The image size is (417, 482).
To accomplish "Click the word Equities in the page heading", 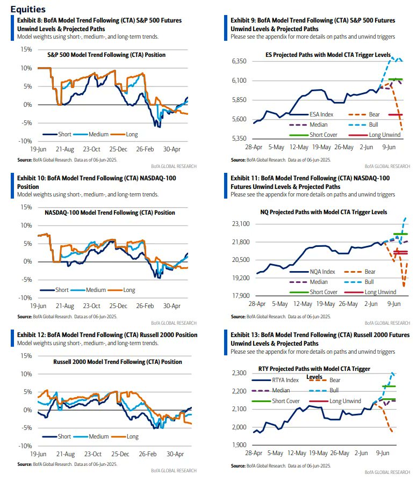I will pos(27,10).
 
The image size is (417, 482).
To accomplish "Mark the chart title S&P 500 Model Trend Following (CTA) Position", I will pos(106,55).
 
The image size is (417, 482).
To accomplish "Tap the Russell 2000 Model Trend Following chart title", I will pos(118,362).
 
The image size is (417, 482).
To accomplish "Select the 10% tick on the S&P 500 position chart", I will pos(25,68).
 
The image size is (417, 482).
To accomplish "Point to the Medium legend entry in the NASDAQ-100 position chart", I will pos(94,290).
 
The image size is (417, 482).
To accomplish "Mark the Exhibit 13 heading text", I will pos(320,339).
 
